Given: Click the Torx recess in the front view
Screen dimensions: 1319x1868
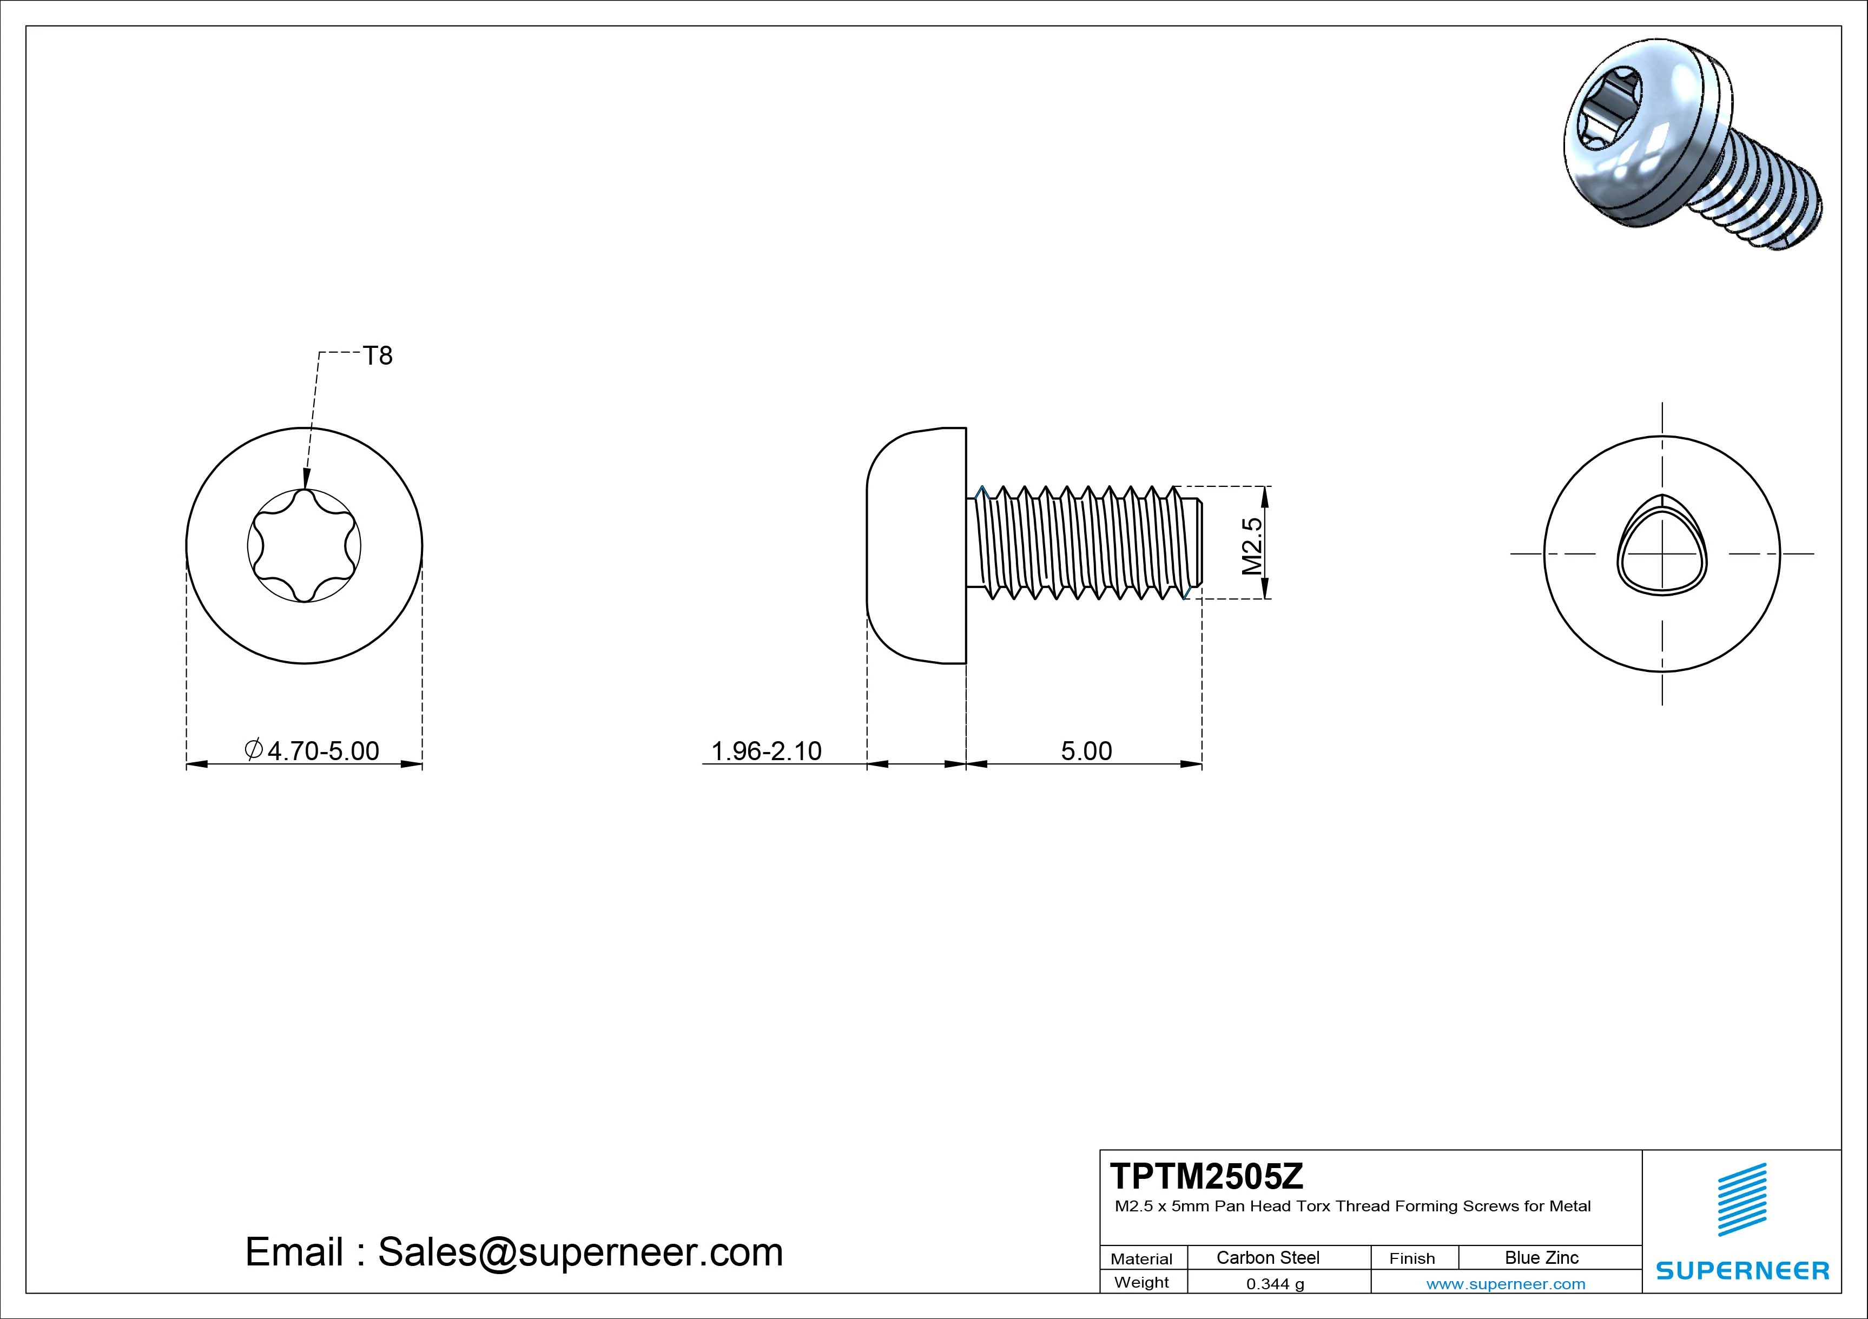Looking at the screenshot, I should point(304,546).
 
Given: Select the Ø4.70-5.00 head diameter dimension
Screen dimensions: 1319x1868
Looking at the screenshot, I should point(313,750).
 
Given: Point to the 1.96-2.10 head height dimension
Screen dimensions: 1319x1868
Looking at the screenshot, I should point(767,750).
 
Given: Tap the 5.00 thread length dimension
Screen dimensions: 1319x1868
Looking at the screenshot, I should point(1086,750).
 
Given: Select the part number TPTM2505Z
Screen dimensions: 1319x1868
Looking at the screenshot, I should point(1206,1176).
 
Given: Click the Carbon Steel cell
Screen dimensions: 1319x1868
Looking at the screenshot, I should point(1268,1257).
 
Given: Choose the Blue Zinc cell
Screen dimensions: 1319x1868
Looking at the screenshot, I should point(1542,1257).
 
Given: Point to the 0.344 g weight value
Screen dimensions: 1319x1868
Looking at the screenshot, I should point(1275,1284).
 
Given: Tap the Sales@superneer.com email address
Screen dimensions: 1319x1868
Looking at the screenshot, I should point(579,1251).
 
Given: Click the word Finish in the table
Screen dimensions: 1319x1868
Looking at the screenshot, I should point(1411,1258).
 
